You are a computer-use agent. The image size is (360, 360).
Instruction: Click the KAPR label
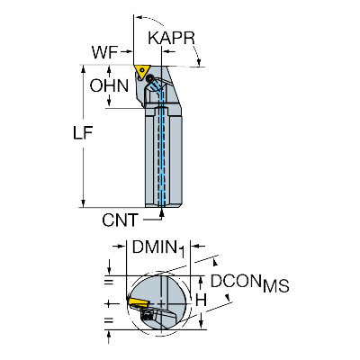click(171, 38)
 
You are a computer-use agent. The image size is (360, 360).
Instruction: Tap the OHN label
click(109, 85)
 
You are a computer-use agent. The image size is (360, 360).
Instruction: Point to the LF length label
click(83, 132)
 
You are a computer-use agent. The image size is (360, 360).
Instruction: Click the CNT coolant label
click(120, 220)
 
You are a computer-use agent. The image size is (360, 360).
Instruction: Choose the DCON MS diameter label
click(249, 283)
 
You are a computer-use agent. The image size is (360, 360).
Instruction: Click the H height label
click(202, 300)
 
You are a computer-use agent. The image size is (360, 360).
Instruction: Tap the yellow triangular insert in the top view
click(140, 72)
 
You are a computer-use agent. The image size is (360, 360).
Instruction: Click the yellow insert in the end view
click(137, 301)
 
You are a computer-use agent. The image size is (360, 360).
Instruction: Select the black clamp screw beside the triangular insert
click(149, 78)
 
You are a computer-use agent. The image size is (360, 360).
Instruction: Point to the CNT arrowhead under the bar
click(162, 212)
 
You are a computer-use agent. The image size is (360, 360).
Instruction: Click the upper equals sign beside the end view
click(109, 282)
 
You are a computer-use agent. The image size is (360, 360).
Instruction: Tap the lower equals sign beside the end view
click(109, 320)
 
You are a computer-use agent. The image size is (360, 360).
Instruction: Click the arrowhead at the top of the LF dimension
click(83, 69)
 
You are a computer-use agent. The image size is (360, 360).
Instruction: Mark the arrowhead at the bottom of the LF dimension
click(83, 203)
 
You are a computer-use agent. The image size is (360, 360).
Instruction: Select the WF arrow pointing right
click(126, 52)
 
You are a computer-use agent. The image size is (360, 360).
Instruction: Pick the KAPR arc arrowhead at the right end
click(198, 62)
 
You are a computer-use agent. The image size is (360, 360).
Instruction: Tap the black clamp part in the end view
click(147, 316)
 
